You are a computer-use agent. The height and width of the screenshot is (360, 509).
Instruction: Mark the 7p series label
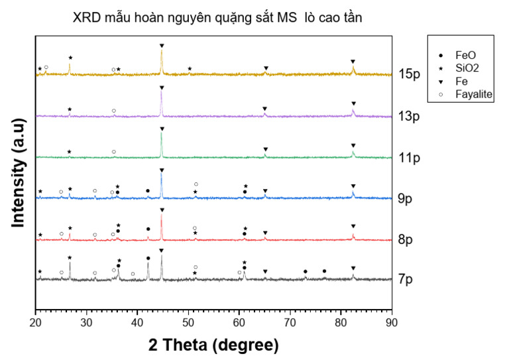(x=405, y=279)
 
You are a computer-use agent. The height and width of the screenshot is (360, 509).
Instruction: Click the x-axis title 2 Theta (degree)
(x=213, y=345)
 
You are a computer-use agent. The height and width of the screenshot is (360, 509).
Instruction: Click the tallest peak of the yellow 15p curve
(x=162, y=52)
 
